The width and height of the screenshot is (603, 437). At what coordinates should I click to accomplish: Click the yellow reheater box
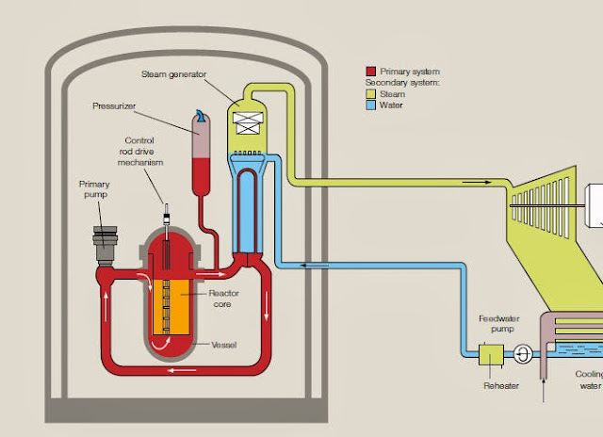click(x=492, y=355)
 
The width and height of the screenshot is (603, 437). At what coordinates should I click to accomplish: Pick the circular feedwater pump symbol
click(x=521, y=356)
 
